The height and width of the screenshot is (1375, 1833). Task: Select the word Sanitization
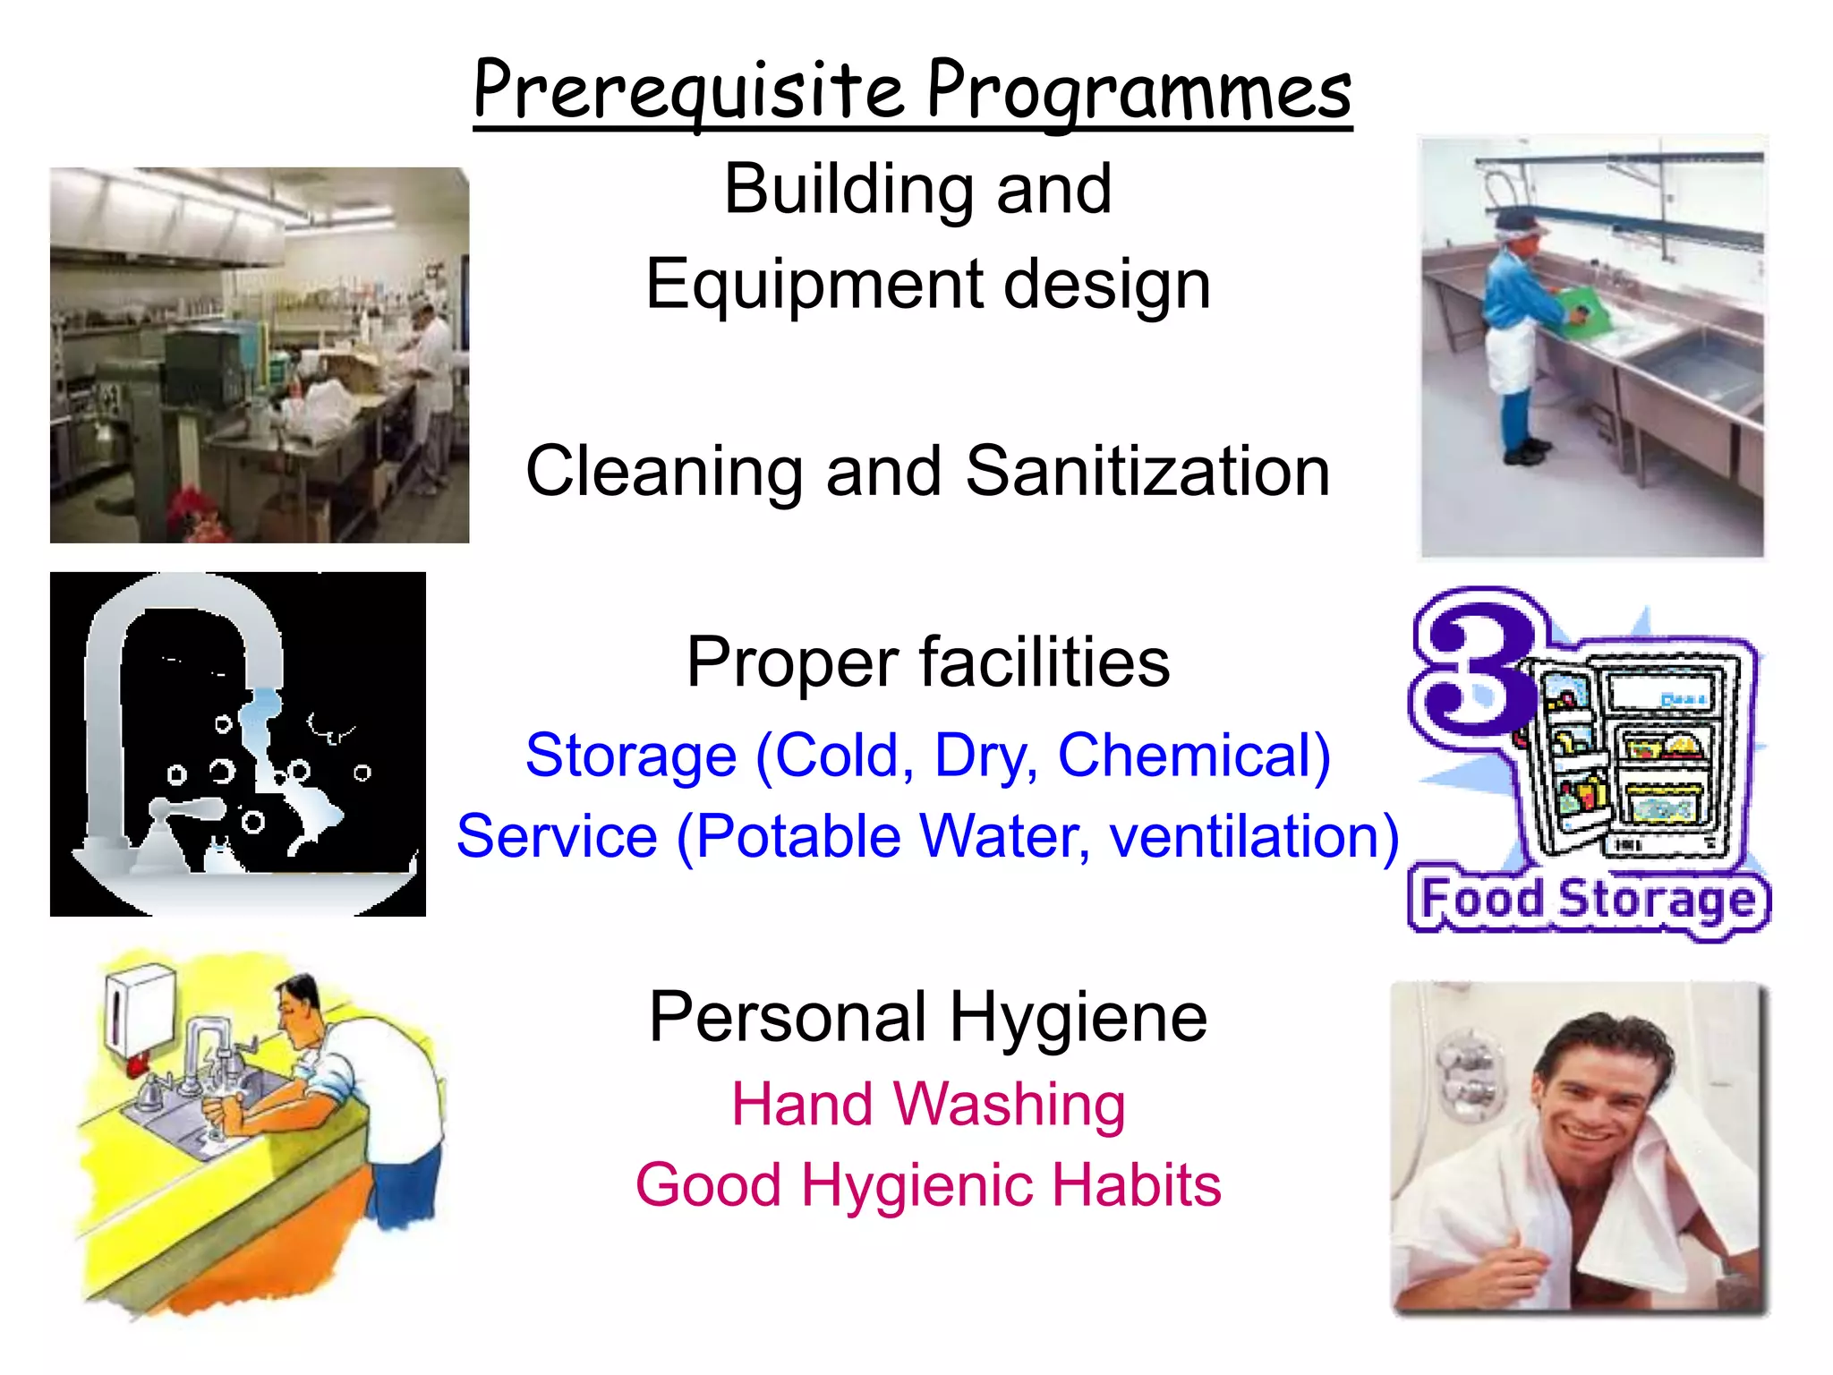1147,472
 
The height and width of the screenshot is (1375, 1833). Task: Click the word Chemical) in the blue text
1194,756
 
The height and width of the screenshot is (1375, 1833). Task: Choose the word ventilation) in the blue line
1253,837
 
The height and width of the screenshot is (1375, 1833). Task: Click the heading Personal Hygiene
928,1018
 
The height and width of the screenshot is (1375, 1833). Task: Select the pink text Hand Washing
928,1104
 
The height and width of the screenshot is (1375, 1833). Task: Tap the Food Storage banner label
1589,900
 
